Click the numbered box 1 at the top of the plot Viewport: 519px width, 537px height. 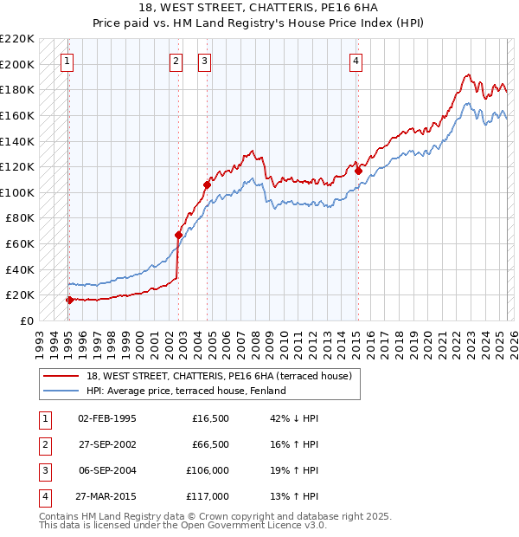click(x=67, y=61)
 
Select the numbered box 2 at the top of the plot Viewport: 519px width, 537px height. click(x=176, y=61)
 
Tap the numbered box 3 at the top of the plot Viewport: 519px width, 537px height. click(x=204, y=61)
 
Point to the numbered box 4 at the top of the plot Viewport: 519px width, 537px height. click(x=356, y=61)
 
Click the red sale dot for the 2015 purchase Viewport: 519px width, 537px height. click(x=358, y=171)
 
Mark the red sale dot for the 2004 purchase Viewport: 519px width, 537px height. click(x=207, y=184)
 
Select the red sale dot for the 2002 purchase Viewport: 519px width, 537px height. click(x=179, y=235)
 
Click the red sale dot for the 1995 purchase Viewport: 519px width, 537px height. click(x=69, y=300)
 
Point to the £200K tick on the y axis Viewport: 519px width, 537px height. click(x=18, y=64)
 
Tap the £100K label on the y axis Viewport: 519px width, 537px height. click(x=18, y=192)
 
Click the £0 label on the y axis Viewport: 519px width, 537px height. click(x=28, y=320)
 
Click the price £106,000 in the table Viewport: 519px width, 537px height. click(x=208, y=471)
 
